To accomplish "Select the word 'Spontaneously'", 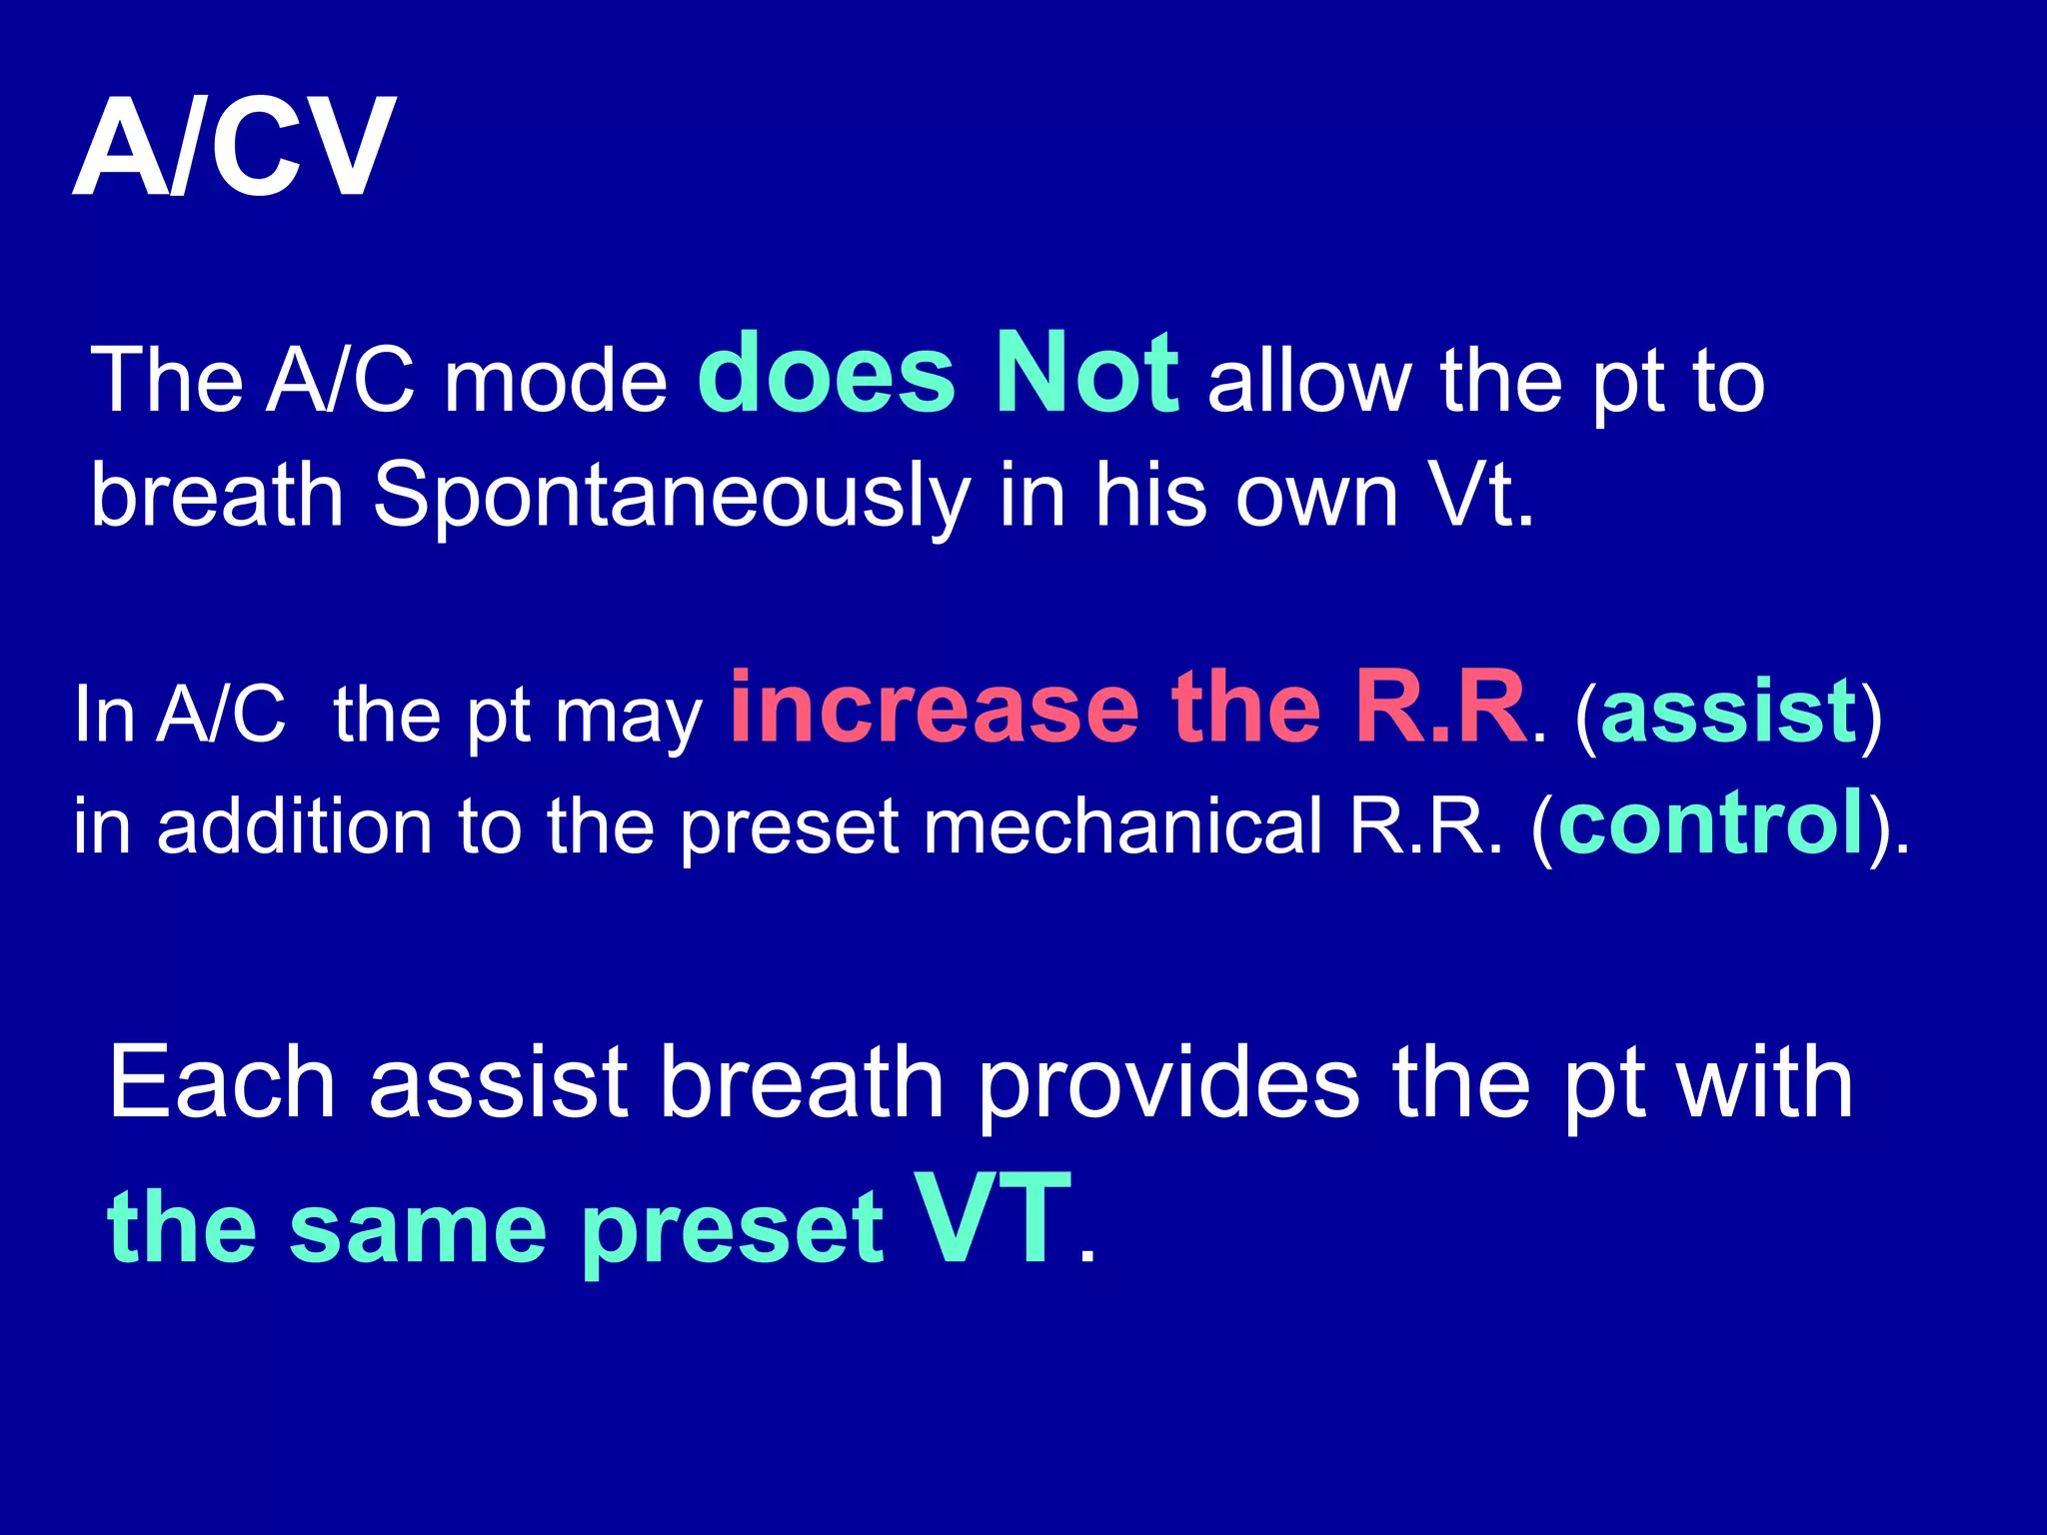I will [671, 497].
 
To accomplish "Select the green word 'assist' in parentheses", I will [1728, 712].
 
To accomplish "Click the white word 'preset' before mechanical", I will [790, 829].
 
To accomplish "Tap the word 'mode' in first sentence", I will [556, 383].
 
